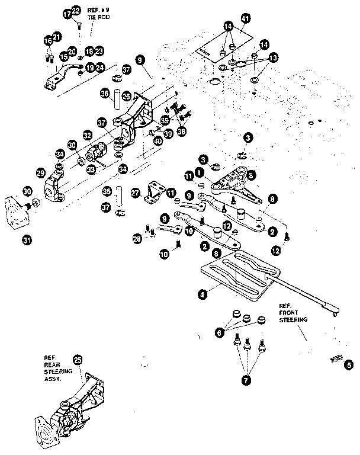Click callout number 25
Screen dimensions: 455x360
click(77, 359)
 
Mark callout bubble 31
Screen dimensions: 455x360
click(26, 240)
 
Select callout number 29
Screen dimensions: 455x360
click(41, 173)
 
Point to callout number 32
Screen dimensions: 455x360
click(87, 134)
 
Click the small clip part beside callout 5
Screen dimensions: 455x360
click(336, 358)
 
